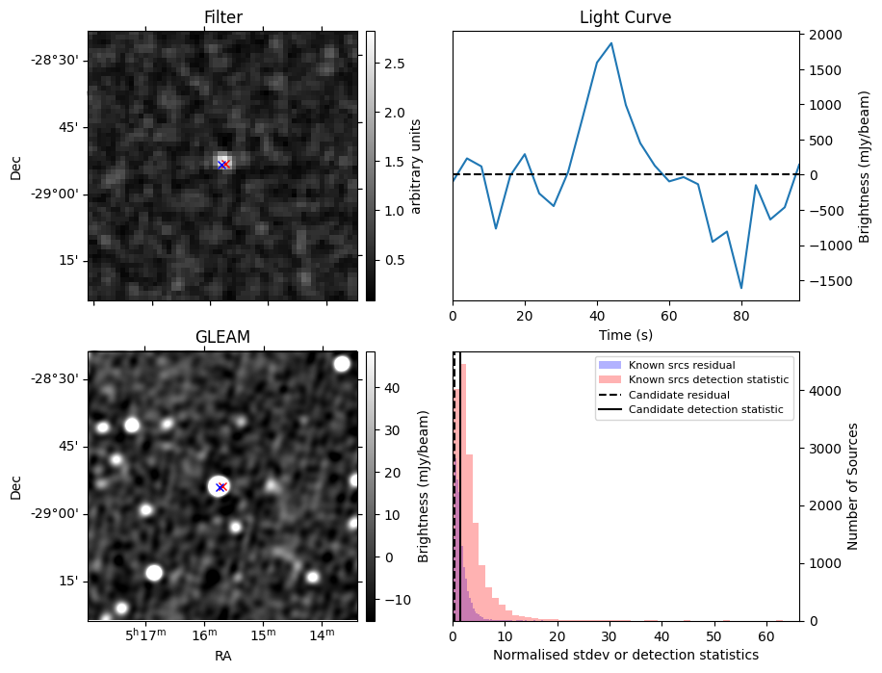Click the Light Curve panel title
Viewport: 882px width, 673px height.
pyautogui.click(x=625, y=17)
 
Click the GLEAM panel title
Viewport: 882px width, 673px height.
pyautogui.click(x=222, y=337)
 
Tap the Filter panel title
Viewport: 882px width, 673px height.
pyautogui.click(x=222, y=17)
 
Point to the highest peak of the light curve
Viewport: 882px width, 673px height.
pyautogui.click(x=611, y=43)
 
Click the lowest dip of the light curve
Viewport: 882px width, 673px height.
pyautogui.click(x=741, y=288)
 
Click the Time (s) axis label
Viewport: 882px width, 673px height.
pyautogui.click(x=625, y=334)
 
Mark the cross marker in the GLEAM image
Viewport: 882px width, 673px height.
pyautogui.click(x=220, y=487)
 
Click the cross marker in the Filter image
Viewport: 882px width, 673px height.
pyautogui.click(x=222, y=165)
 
